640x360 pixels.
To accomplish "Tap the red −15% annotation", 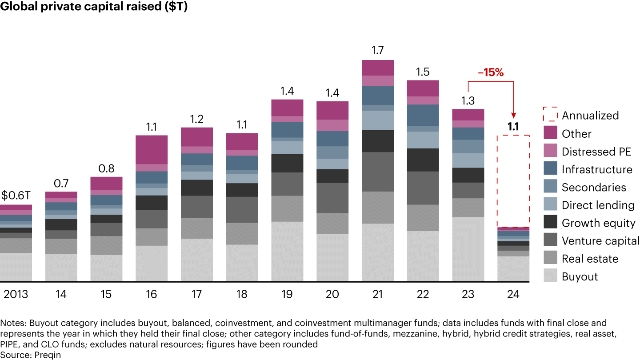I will (491, 73).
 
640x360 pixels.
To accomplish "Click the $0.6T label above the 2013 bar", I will (16, 196).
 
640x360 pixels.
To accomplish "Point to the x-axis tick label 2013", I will (16, 294).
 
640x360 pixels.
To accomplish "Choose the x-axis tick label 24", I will (513, 294).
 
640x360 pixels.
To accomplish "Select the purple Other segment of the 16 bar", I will (151, 149).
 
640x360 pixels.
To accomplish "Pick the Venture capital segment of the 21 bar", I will (377, 172).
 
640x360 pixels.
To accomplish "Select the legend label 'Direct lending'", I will (598, 205).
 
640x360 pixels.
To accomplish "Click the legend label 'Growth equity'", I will (598, 223).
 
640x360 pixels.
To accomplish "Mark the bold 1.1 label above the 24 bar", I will (513, 127).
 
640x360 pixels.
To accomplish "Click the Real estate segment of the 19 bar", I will (287, 208).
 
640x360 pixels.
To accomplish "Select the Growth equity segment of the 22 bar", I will (423, 160).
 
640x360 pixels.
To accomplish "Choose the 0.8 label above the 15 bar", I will (106, 168).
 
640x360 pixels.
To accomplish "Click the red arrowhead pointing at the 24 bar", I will (513, 115).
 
